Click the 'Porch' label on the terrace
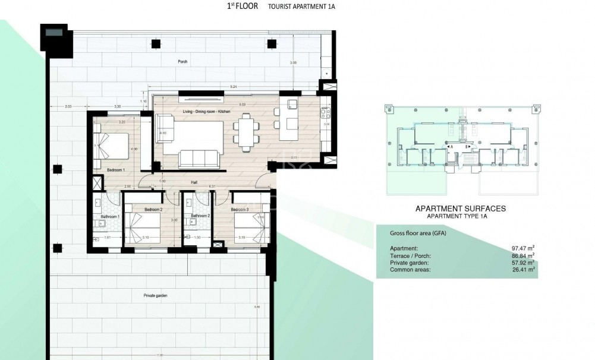point(182,62)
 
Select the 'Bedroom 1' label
point(115,170)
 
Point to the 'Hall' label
point(194,182)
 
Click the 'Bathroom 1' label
point(111,216)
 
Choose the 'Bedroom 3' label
point(240,210)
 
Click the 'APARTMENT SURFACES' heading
point(460,209)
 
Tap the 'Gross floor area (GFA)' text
point(417,233)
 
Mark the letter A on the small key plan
point(452,146)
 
